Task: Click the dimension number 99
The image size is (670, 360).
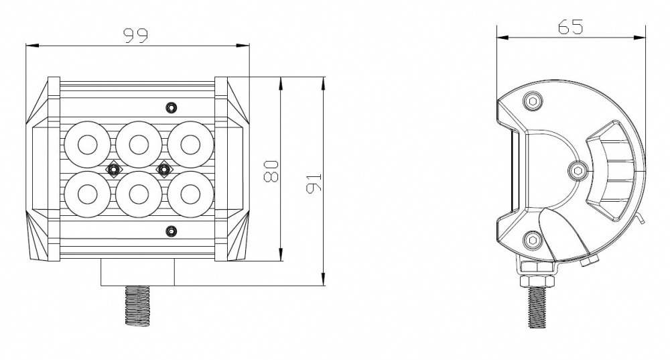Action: tap(135, 36)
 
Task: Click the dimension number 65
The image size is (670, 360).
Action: tap(570, 27)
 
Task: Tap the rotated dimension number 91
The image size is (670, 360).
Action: tap(314, 183)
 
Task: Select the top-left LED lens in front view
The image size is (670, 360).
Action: tap(88, 145)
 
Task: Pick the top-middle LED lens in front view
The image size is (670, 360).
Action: tap(139, 145)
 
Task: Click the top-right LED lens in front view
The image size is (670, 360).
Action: tap(190, 145)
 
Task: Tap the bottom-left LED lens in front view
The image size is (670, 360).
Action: tap(88, 194)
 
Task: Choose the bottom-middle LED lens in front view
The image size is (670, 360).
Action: tap(139, 194)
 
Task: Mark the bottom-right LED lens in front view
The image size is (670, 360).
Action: tap(190, 194)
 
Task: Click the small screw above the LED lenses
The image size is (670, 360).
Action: tap(171, 107)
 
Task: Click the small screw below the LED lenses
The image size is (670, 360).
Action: tap(171, 231)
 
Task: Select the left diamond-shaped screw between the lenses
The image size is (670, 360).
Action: tap(113, 170)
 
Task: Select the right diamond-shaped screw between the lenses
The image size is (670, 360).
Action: tap(163, 170)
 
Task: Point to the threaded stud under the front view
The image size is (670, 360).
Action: tap(137, 306)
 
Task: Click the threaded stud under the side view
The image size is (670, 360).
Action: tap(537, 307)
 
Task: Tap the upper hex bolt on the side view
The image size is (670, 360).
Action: tap(533, 101)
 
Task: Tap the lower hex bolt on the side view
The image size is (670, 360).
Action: tap(533, 240)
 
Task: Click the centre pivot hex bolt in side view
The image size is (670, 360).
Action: tap(578, 171)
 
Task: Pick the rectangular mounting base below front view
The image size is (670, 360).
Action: tap(137, 272)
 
